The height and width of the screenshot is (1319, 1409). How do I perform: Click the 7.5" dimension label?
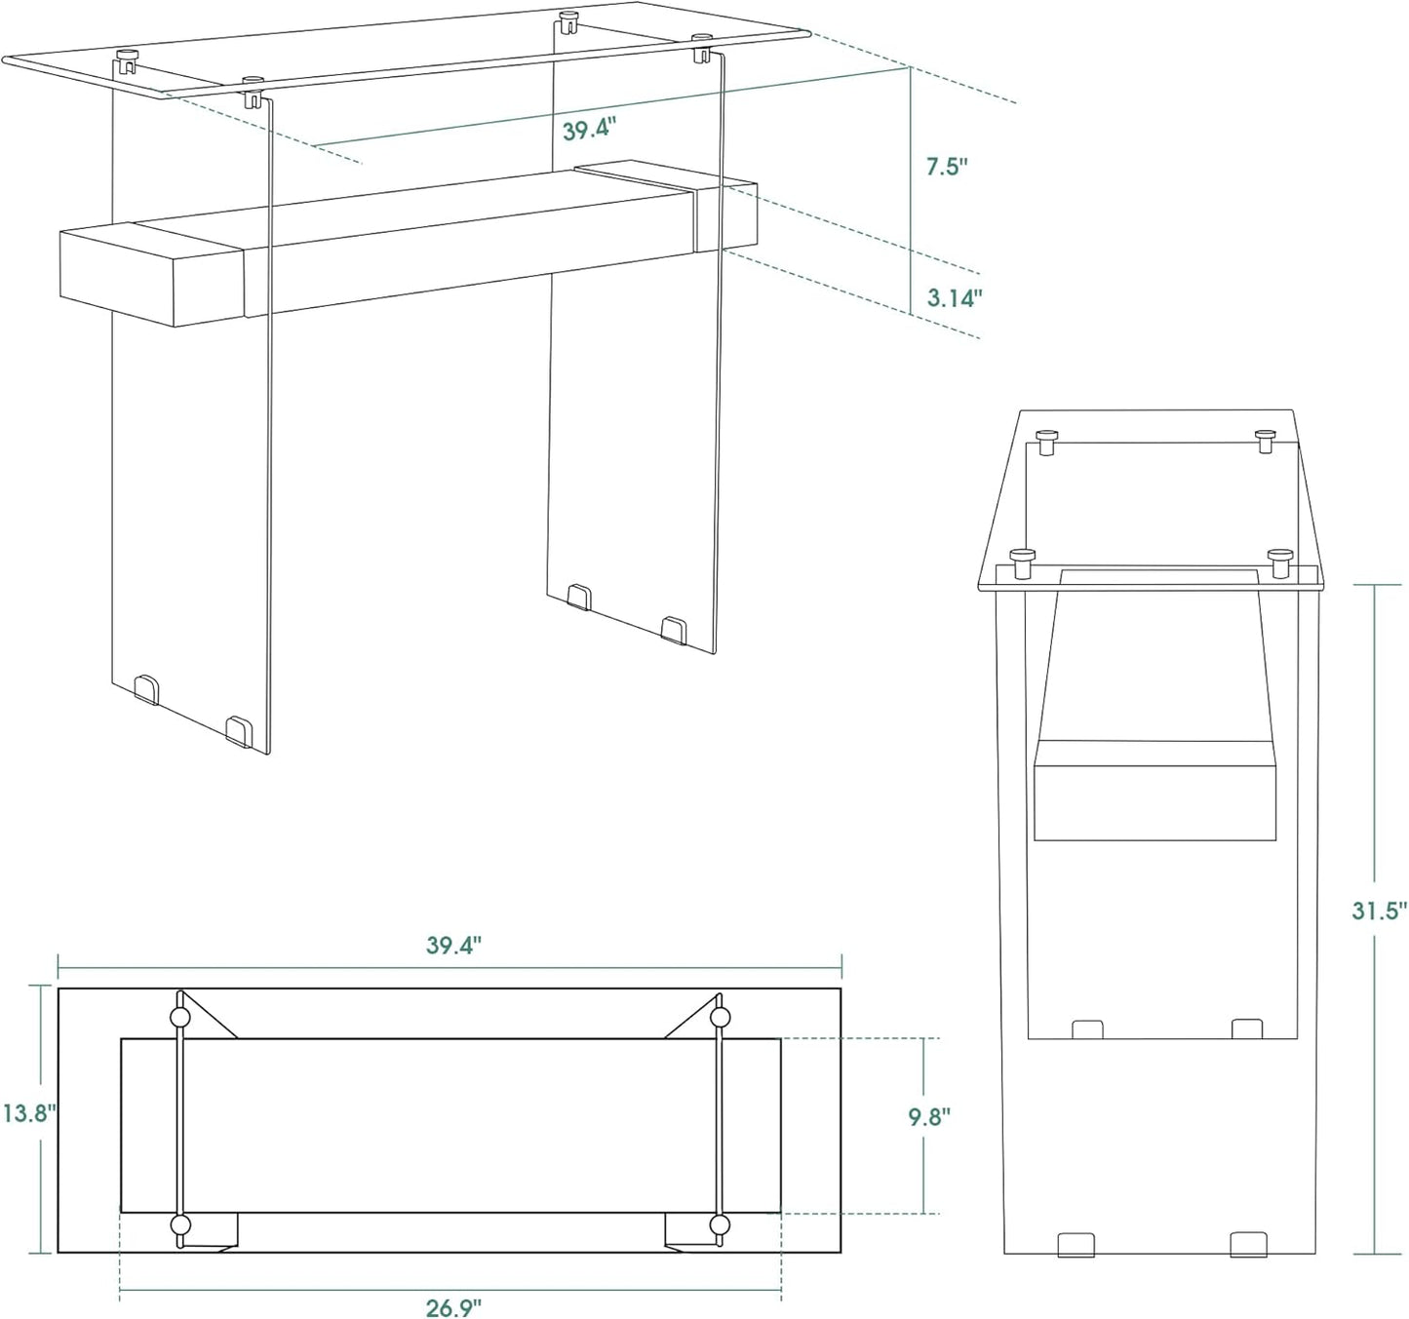(946, 167)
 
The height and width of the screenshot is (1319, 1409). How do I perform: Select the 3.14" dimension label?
(954, 298)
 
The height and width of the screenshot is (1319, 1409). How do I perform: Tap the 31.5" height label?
(1379, 911)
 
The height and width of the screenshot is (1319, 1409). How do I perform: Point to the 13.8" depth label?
(28, 1112)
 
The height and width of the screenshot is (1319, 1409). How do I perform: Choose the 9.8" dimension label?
(929, 1117)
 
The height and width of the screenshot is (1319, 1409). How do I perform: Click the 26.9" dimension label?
(453, 1306)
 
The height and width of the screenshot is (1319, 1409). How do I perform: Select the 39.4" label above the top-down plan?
(453, 946)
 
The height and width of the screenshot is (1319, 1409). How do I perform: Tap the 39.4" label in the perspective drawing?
(589, 130)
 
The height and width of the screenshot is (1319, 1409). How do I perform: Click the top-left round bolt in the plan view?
(179, 1018)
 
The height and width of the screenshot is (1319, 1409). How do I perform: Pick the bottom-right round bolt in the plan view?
(720, 1224)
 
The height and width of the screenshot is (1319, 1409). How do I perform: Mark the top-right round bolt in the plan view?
(720, 1018)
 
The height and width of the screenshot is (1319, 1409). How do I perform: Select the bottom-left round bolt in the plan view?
(179, 1224)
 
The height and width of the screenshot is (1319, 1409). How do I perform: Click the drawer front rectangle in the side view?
(1155, 791)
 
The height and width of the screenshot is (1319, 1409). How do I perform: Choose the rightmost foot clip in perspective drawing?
(674, 630)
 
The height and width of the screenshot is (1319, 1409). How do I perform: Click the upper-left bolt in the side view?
(1046, 442)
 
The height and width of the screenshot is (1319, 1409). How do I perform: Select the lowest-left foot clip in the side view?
(1076, 1244)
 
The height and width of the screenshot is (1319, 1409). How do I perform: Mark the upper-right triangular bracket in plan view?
(694, 1021)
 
